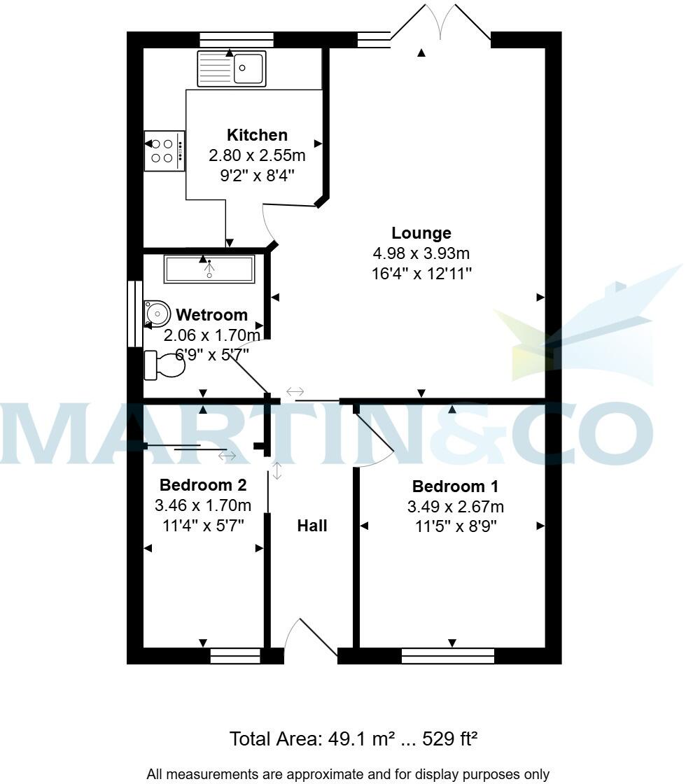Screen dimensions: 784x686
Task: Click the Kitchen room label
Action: click(257, 135)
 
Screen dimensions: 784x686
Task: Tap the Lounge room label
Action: click(421, 233)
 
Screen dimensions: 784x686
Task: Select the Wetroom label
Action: click(211, 315)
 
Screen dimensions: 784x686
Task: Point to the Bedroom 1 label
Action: click(455, 486)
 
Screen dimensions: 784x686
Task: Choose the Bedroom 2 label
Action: click(203, 484)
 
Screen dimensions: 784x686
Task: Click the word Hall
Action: click(312, 526)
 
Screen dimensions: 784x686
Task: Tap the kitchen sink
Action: click(232, 69)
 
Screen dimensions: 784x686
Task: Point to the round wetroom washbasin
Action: click(157, 314)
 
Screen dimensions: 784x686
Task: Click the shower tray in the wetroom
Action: click(209, 269)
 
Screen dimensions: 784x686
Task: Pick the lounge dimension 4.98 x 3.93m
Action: click(421, 253)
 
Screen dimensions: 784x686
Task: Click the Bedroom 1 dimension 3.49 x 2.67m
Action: click(455, 507)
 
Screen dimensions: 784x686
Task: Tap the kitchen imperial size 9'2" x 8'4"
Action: click(257, 175)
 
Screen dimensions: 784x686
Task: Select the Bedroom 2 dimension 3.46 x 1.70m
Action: click(203, 505)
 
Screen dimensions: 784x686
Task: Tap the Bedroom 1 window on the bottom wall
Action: click(448, 656)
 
